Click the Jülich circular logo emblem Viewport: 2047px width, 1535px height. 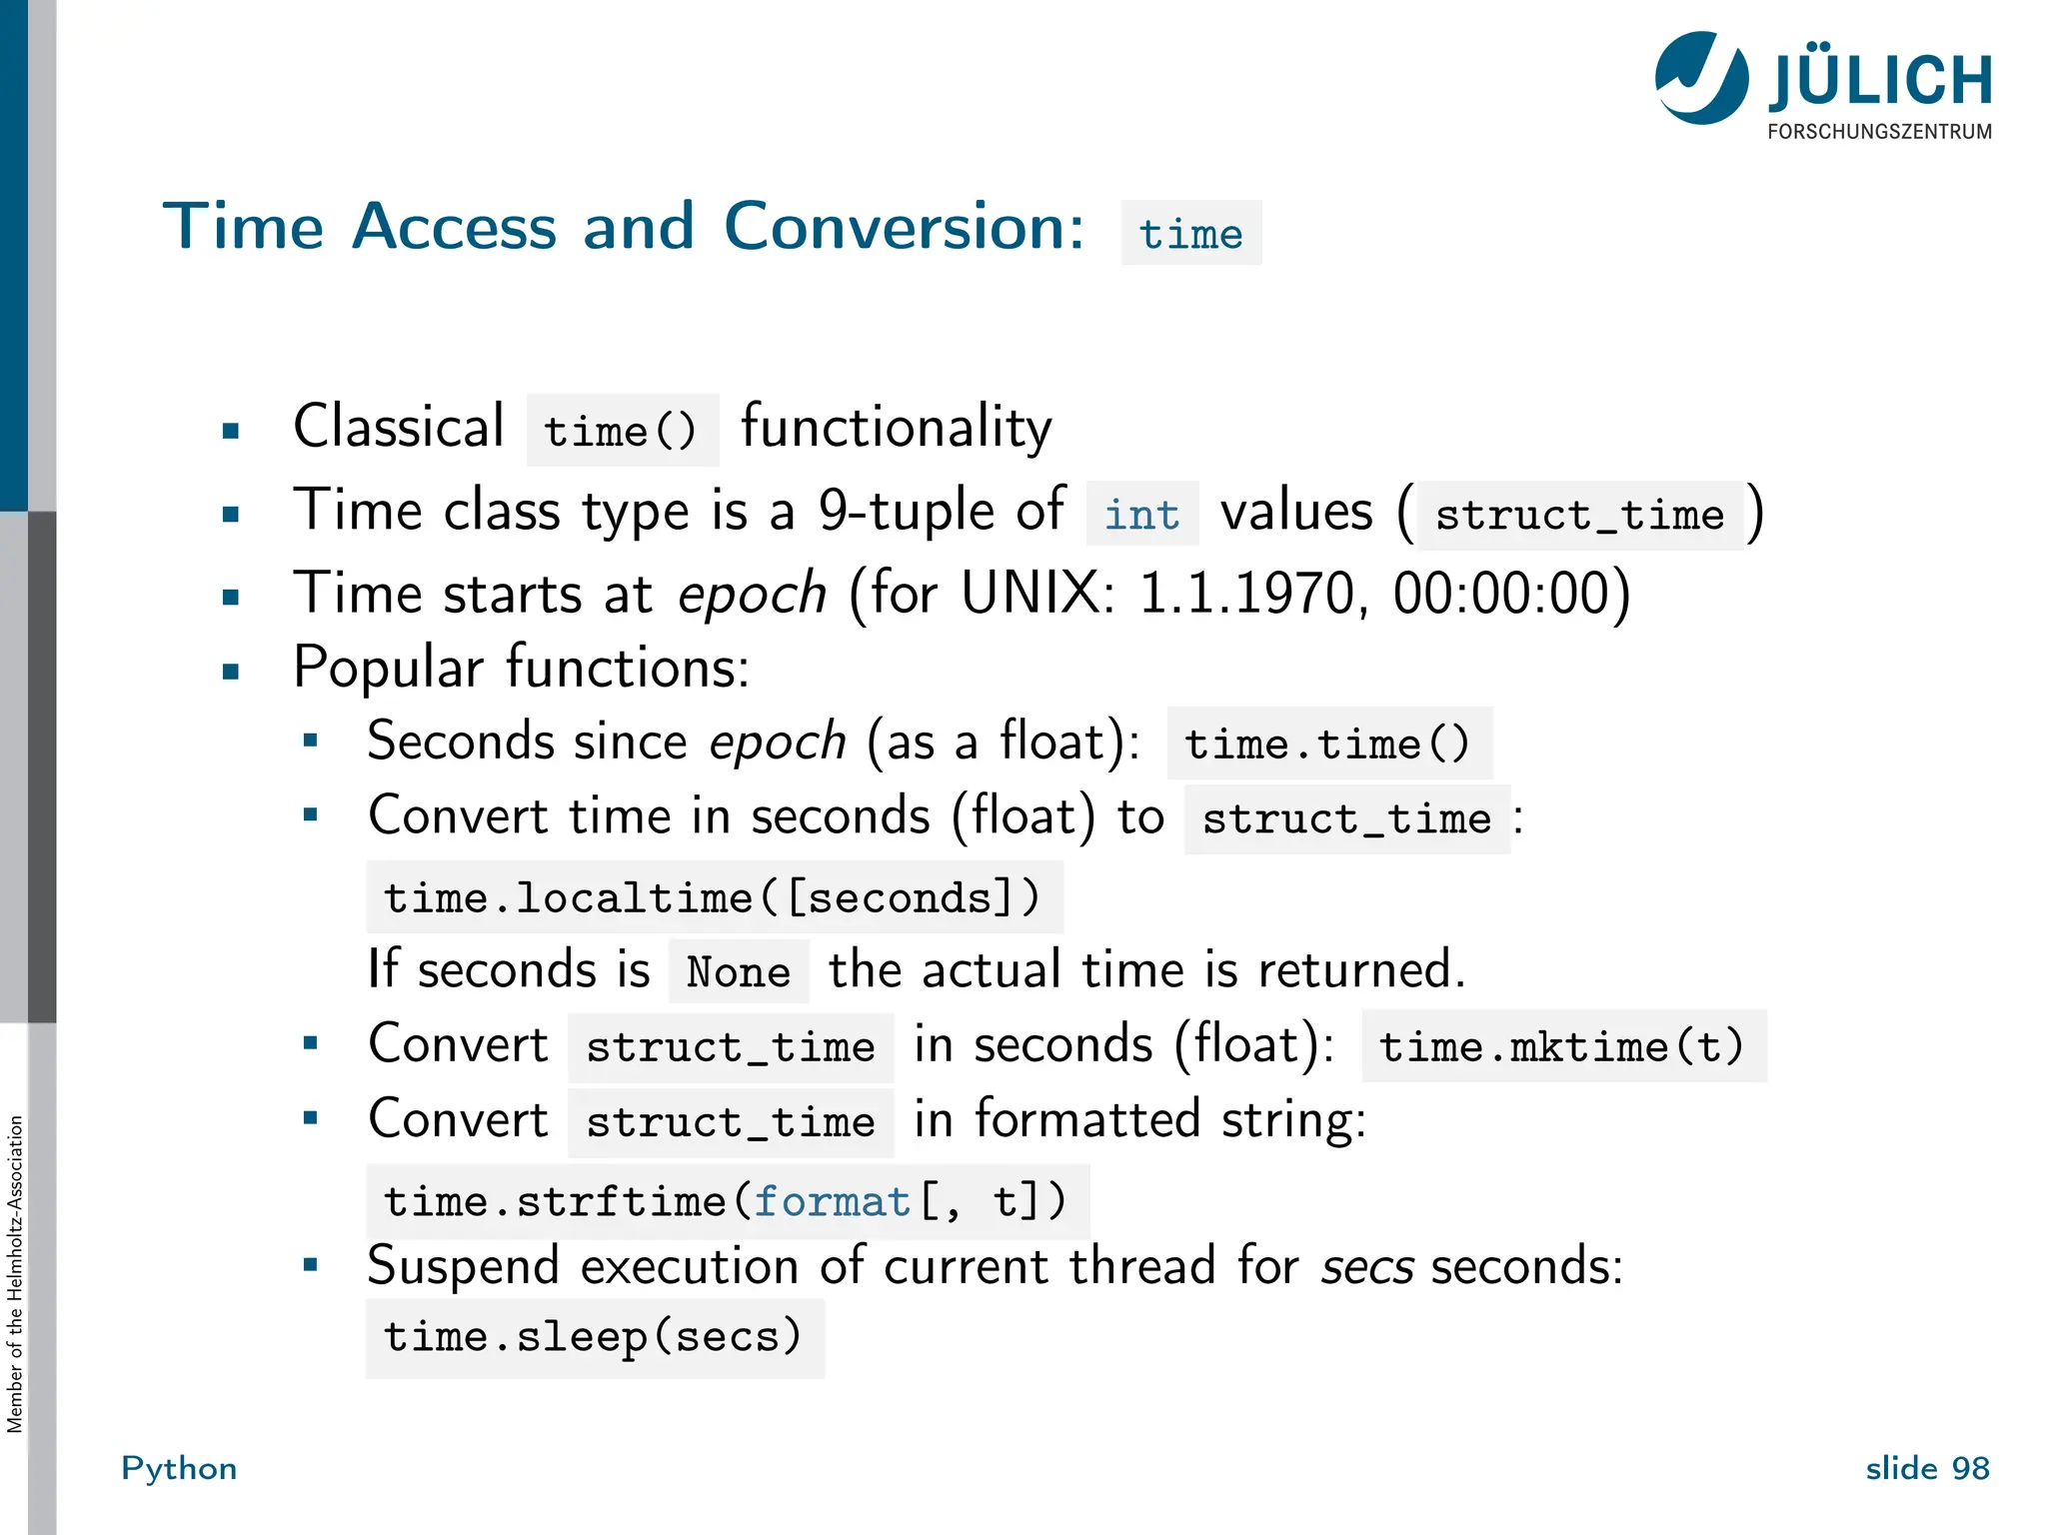[x=1700, y=78]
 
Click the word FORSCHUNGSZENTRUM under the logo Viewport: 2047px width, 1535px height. [x=1879, y=132]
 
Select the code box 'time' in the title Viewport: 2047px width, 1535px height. [x=1190, y=234]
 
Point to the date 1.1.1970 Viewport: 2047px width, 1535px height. [x=1250, y=594]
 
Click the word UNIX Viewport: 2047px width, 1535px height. [x=1035, y=594]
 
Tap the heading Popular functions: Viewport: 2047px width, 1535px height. [x=521, y=668]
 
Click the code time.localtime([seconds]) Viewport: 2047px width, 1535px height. [x=713, y=897]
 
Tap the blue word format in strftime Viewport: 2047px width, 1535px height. [x=832, y=1201]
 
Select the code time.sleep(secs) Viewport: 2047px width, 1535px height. [x=594, y=1337]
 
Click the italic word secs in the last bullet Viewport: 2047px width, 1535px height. [x=1366, y=1268]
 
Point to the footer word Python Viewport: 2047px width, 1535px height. [x=179, y=1468]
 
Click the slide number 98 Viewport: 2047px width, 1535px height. [x=1970, y=1468]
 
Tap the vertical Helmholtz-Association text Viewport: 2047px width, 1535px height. [x=14, y=1274]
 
